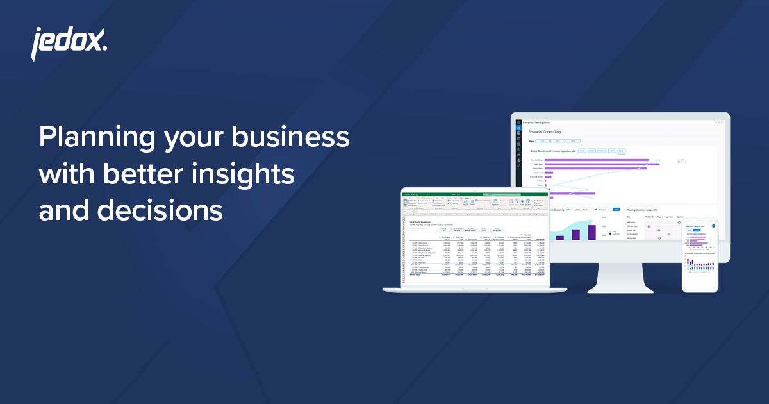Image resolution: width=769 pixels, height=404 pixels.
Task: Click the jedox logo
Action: [x=69, y=44]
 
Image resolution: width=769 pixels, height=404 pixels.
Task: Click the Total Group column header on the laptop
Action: [x=540, y=239]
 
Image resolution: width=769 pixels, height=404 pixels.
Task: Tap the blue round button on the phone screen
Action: [x=713, y=226]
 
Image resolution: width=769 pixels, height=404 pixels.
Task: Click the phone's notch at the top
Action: [x=699, y=222]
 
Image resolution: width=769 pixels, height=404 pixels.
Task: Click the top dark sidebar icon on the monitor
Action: [x=518, y=121]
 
